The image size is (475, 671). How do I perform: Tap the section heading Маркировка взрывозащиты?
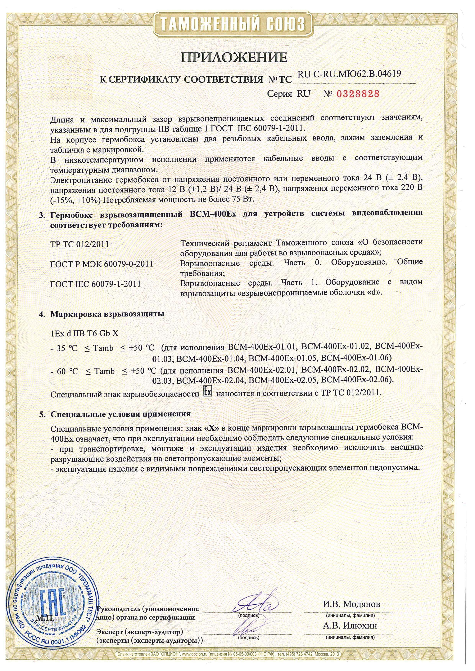coord(107,314)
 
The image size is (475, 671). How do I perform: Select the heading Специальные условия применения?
coord(120,414)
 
